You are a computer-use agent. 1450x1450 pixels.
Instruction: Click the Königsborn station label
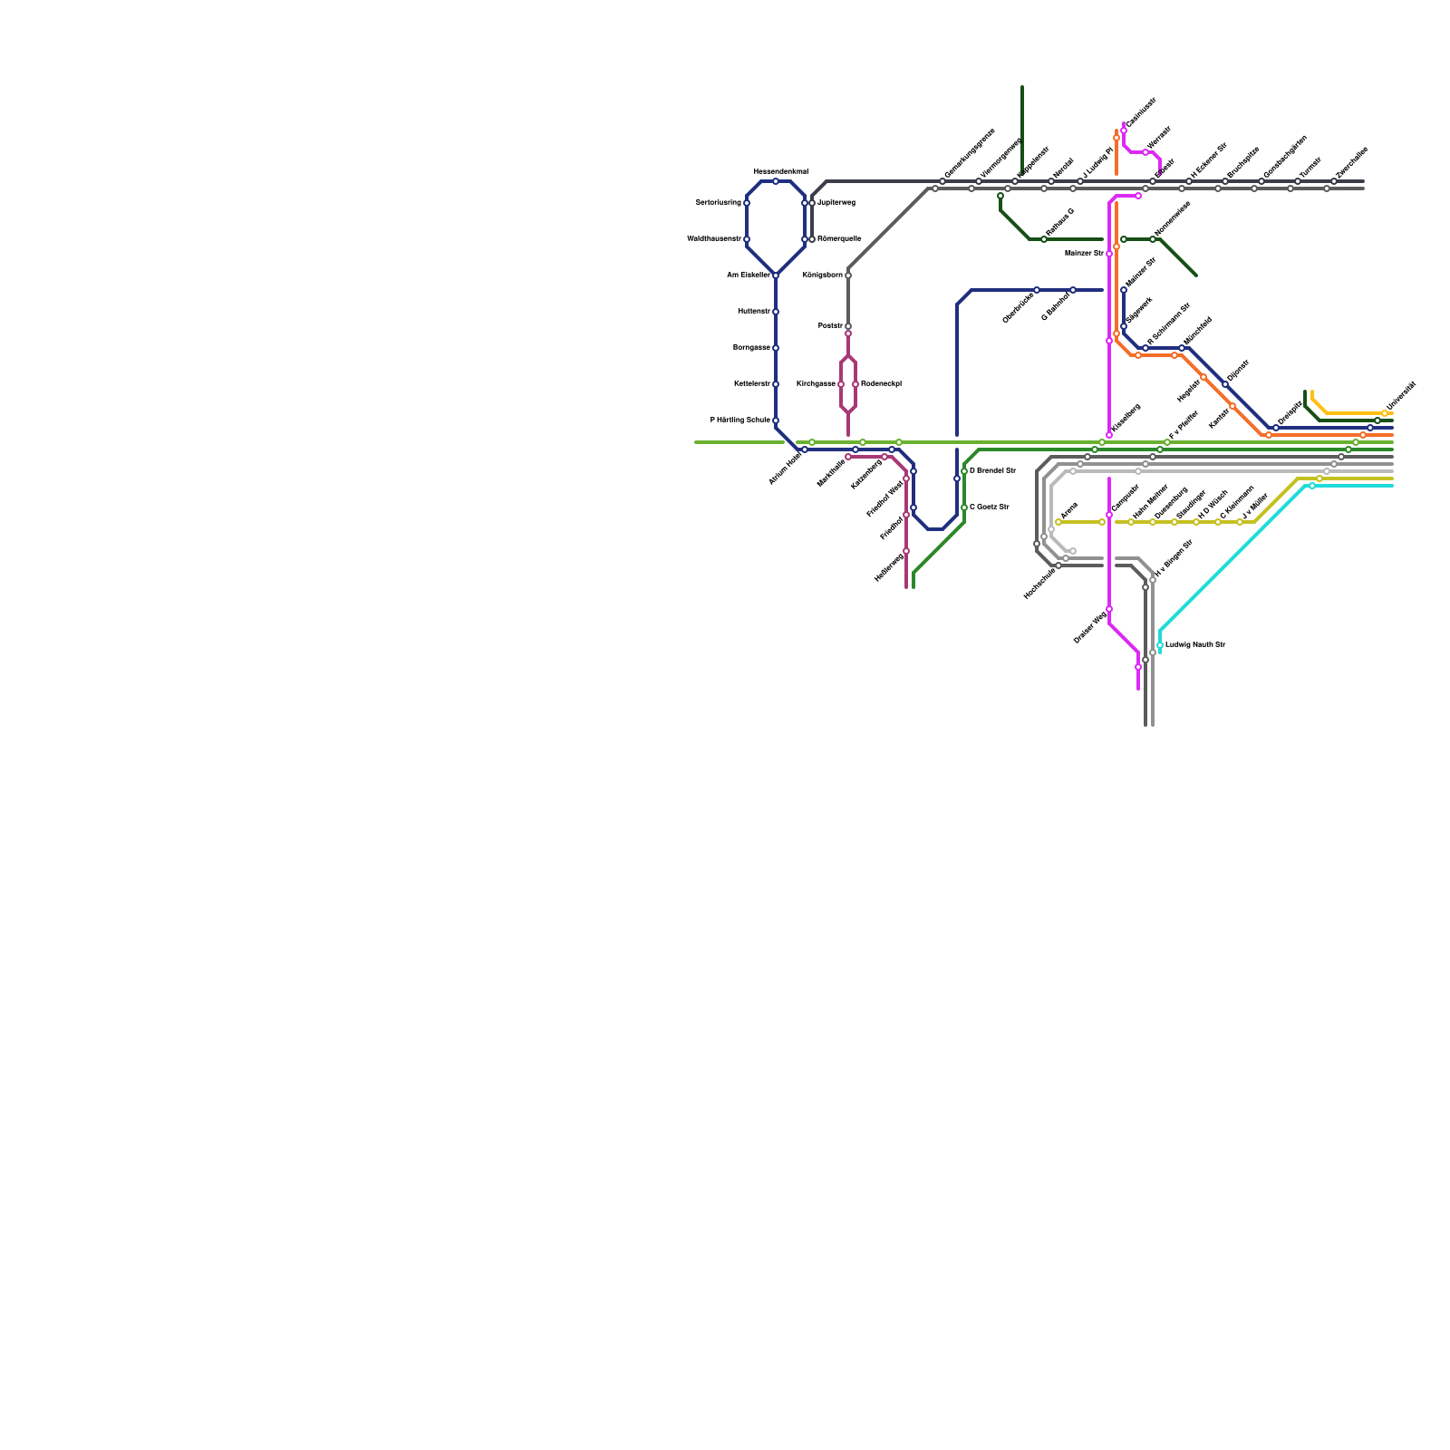click(822, 275)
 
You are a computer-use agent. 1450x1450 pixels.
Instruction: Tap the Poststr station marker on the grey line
click(848, 326)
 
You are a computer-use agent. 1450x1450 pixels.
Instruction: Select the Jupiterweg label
click(836, 203)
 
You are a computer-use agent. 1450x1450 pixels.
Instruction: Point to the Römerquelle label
click(839, 239)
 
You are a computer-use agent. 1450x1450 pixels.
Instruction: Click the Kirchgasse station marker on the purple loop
click(841, 384)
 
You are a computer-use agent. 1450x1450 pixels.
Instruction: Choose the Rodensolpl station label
click(881, 384)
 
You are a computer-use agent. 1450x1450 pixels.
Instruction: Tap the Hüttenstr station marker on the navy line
click(776, 312)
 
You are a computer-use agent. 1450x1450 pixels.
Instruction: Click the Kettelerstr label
click(751, 384)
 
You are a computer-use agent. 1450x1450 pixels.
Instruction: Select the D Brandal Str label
click(992, 471)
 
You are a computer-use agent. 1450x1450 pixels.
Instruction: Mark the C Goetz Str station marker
click(964, 507)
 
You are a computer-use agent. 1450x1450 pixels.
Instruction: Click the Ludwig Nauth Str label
click(1194, 645)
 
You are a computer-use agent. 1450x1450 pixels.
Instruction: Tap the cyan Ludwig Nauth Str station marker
click(1160, 645)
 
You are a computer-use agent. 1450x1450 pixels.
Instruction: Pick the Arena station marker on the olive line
click(1058, 522)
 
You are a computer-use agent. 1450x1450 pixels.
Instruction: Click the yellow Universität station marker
click(1385, 413)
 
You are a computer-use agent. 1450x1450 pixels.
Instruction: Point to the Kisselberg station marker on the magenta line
click(1109, 435)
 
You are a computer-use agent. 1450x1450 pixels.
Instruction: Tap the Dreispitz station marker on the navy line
click(1276, 428)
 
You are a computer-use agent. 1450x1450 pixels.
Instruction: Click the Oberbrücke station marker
click(1037, 290)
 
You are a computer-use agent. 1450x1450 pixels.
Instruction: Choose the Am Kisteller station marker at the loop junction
click(776, 275)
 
